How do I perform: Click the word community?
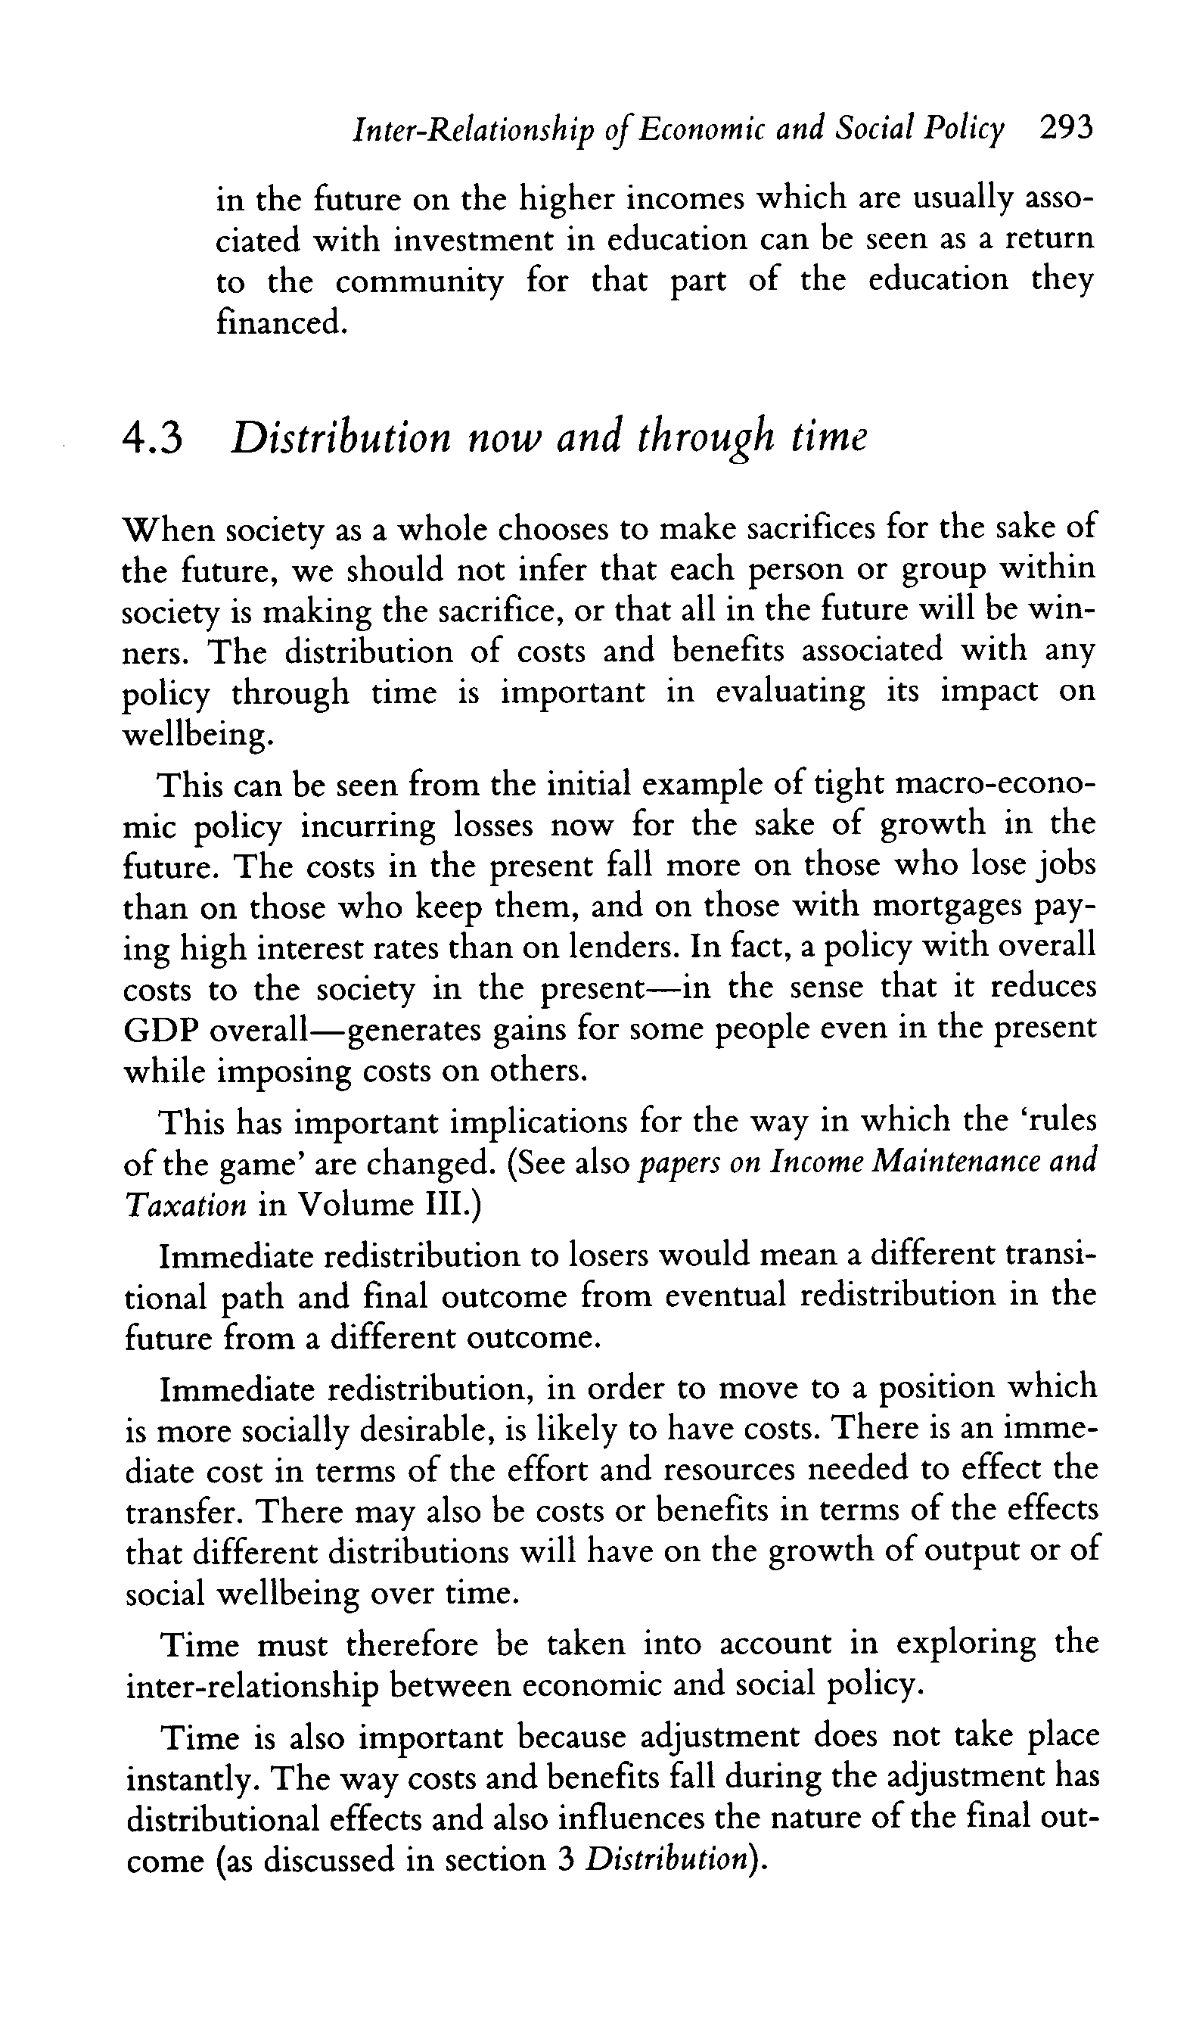click(x=418, y=282)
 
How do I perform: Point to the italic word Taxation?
click(x=185, y=1204)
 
